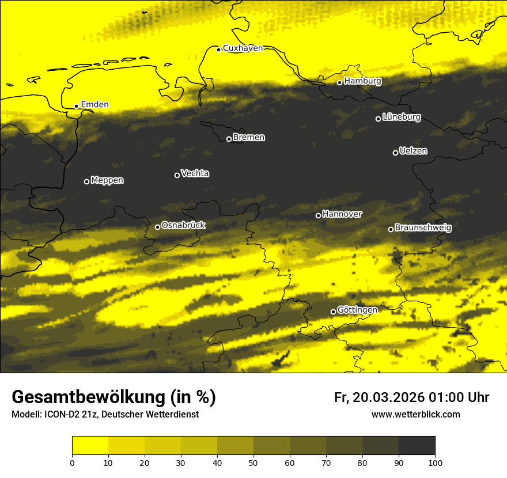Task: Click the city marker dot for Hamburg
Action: pyautogui.click(x=340, y=82)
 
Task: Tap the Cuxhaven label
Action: pyautogui.click(x=243, y=48)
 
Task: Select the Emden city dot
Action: pyautogui.click(x=77, y=106)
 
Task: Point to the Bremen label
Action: pyautogui.click(x=249, y=138)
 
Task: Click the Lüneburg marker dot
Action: pyautogui.click(x=379, y=119)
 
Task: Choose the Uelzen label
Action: pyautogui.click(x=413, y=151)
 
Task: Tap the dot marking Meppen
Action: pyautogui.click(x=87, y=181)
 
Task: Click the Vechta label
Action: pyautogui.click(x=195, y=173)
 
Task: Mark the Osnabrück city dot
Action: pyautogui.click(x=157, y=227)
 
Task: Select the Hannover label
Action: pyautogui.click(x=342, y=214)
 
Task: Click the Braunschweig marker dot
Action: pyautogui.click(x=391, y=229)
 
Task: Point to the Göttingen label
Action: pyautogui.click(x=357, y=310)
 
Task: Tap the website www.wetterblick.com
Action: pyautogui.click(x=416, y=415)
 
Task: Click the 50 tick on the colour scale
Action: pyautogui.click(x=253, y=462)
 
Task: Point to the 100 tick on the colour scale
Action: pyautogui.click(x=435, y=462)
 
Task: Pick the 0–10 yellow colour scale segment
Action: pyautogui.click(x=90, y=445)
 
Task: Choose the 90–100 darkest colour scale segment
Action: pyautogui.click(x=417, y=445)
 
